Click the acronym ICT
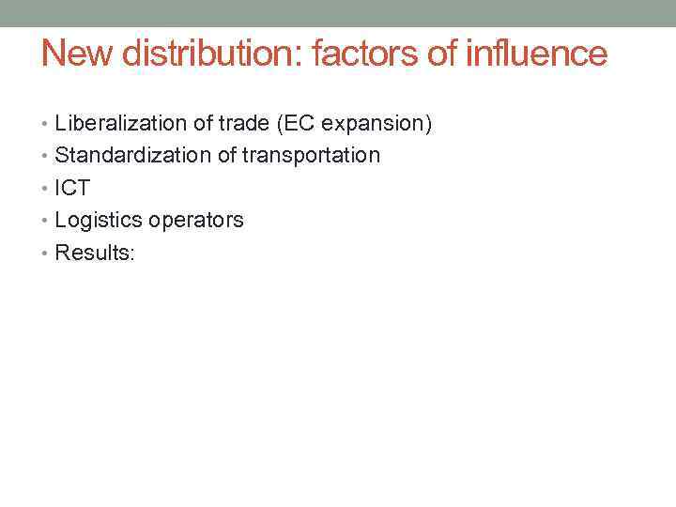click(72, 188)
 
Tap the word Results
click(92, 253)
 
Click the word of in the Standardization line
click(227, 155)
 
